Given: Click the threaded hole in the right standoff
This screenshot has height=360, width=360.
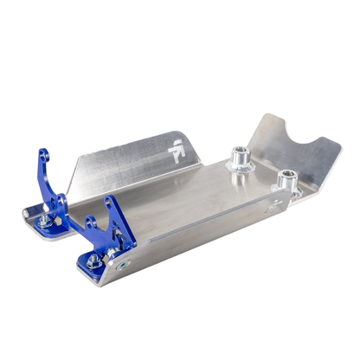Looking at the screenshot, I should click(x=286, y=176).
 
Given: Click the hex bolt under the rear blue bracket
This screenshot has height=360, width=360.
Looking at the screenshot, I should click(x=46, y=222).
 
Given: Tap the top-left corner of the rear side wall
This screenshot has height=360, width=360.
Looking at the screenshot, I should click(x=75, y=160).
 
